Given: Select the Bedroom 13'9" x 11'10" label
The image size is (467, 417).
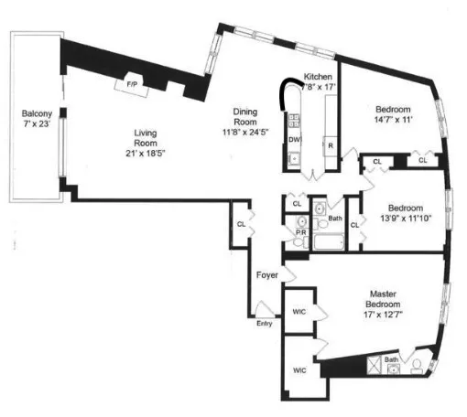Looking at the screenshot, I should click(402, 213).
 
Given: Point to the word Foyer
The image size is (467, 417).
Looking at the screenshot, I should click(266, 273).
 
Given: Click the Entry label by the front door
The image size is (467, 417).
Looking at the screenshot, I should click(265, 323).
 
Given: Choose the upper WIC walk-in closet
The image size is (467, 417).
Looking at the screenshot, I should click(298, 311).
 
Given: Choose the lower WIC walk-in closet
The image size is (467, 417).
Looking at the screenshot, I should click(298, 371).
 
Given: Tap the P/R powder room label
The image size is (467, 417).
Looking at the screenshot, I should click(299, 233).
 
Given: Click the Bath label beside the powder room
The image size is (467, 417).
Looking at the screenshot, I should click(335, 219).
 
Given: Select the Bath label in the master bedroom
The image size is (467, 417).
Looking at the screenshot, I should click(391, 359).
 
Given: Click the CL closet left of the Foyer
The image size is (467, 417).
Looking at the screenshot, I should click(241, 223).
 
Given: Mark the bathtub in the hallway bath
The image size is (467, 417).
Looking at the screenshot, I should click(328, 242).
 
